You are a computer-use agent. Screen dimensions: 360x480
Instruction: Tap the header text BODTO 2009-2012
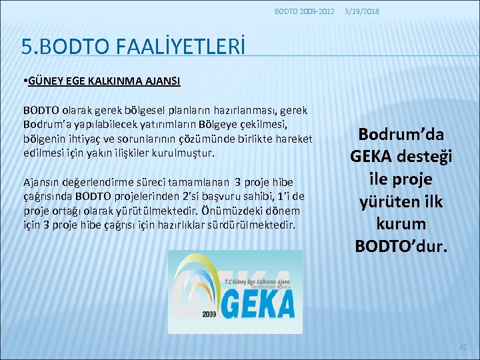(x=305, y=11)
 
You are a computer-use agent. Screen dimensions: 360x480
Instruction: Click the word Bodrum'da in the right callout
(x=401, y=134)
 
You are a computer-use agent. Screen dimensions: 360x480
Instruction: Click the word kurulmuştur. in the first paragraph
(x=184, y=153)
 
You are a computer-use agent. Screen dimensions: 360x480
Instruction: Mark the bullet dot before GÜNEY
(x=24, y=81)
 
